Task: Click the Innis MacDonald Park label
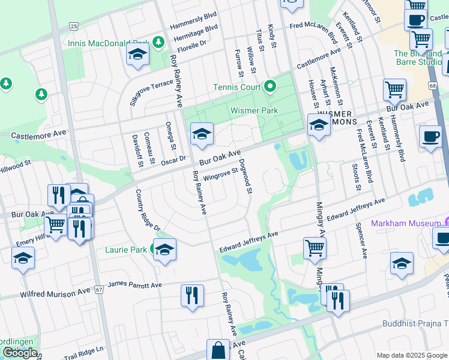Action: pyautogui.click(x=108, y=43)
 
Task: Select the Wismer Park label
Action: pyautogui.click(x=254, y=110)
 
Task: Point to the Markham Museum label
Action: pyautogui.click(x=406, y=223)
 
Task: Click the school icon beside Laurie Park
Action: pyautogui.click(x=164, y=249)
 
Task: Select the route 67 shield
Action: pyautogui.click(x=99, y=289)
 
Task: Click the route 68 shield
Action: pyautogui.click(x=432, y=87)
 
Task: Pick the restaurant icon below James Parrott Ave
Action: pyautogui.click(x=192, y=296)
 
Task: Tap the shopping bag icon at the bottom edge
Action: pyautogui.click(x=218, y=350)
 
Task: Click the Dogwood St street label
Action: pyautogui.click(x=245, y=176)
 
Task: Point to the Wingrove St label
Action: pyautogui.click(x=221, y=175)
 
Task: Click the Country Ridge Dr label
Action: pyautogui.click(x=148, y=211)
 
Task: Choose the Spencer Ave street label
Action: pyautogui.click(x=361, y=240)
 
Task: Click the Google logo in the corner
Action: pyautogui.click(x=20, y=353)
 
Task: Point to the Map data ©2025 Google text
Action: pyautogui.click(x=411, y=355)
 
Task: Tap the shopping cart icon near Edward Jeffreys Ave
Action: pyautogui.click(x=315, y=247)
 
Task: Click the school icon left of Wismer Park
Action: pyautogui.click(x=202, y=134)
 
